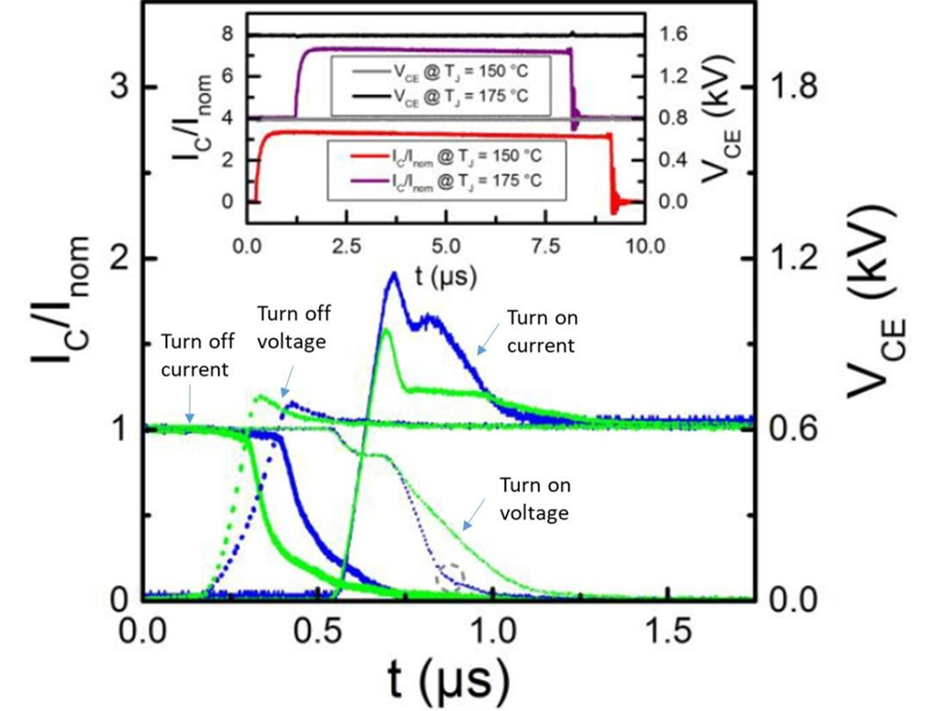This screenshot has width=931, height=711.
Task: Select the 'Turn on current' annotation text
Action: [x=541, y=332]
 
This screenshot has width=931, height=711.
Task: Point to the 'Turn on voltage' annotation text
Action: [x=535, y=499]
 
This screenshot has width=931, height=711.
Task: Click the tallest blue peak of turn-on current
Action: [x=393, y=273]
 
